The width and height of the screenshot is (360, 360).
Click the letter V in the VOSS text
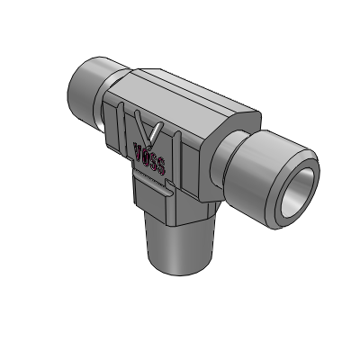(139, 150)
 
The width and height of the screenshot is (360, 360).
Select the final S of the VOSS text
(160, 166)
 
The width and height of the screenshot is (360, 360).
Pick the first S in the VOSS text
(153, 162)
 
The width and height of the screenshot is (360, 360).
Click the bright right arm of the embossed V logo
(157, 132)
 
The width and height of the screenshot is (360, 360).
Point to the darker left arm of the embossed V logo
(141, 126)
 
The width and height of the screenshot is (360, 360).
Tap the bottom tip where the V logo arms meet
(150, 144)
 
